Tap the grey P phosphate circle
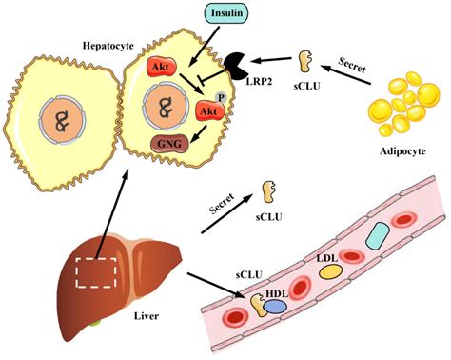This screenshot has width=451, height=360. (221, 97)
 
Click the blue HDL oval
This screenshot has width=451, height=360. (275, 308)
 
